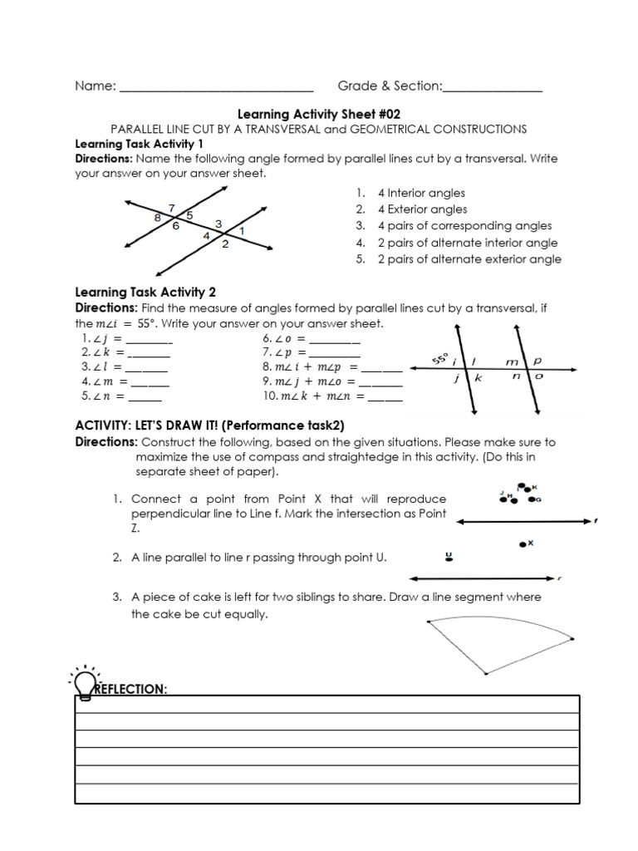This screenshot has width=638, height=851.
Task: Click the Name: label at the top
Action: (95, 86)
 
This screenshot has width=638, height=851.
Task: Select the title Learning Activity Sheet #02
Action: (319, 114)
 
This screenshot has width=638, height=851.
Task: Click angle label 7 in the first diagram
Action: (171, 208)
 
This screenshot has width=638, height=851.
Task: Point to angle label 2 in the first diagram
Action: (225, 244)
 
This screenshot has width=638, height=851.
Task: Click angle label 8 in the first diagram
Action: (157, 218)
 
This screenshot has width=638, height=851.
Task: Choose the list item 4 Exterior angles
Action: (422, 209)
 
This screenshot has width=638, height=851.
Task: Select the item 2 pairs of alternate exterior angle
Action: (469, 259)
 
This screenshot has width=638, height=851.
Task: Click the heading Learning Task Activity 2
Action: (145, 292)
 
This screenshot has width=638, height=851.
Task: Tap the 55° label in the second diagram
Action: (439, 358)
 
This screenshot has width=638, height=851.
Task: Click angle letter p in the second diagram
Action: (537, 362)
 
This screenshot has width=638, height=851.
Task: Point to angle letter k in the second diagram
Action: (478, 378)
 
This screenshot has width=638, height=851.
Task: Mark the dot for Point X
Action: (523, 544)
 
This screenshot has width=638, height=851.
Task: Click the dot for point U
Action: (449, 559)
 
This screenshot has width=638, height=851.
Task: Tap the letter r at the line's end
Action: (560, 578)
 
